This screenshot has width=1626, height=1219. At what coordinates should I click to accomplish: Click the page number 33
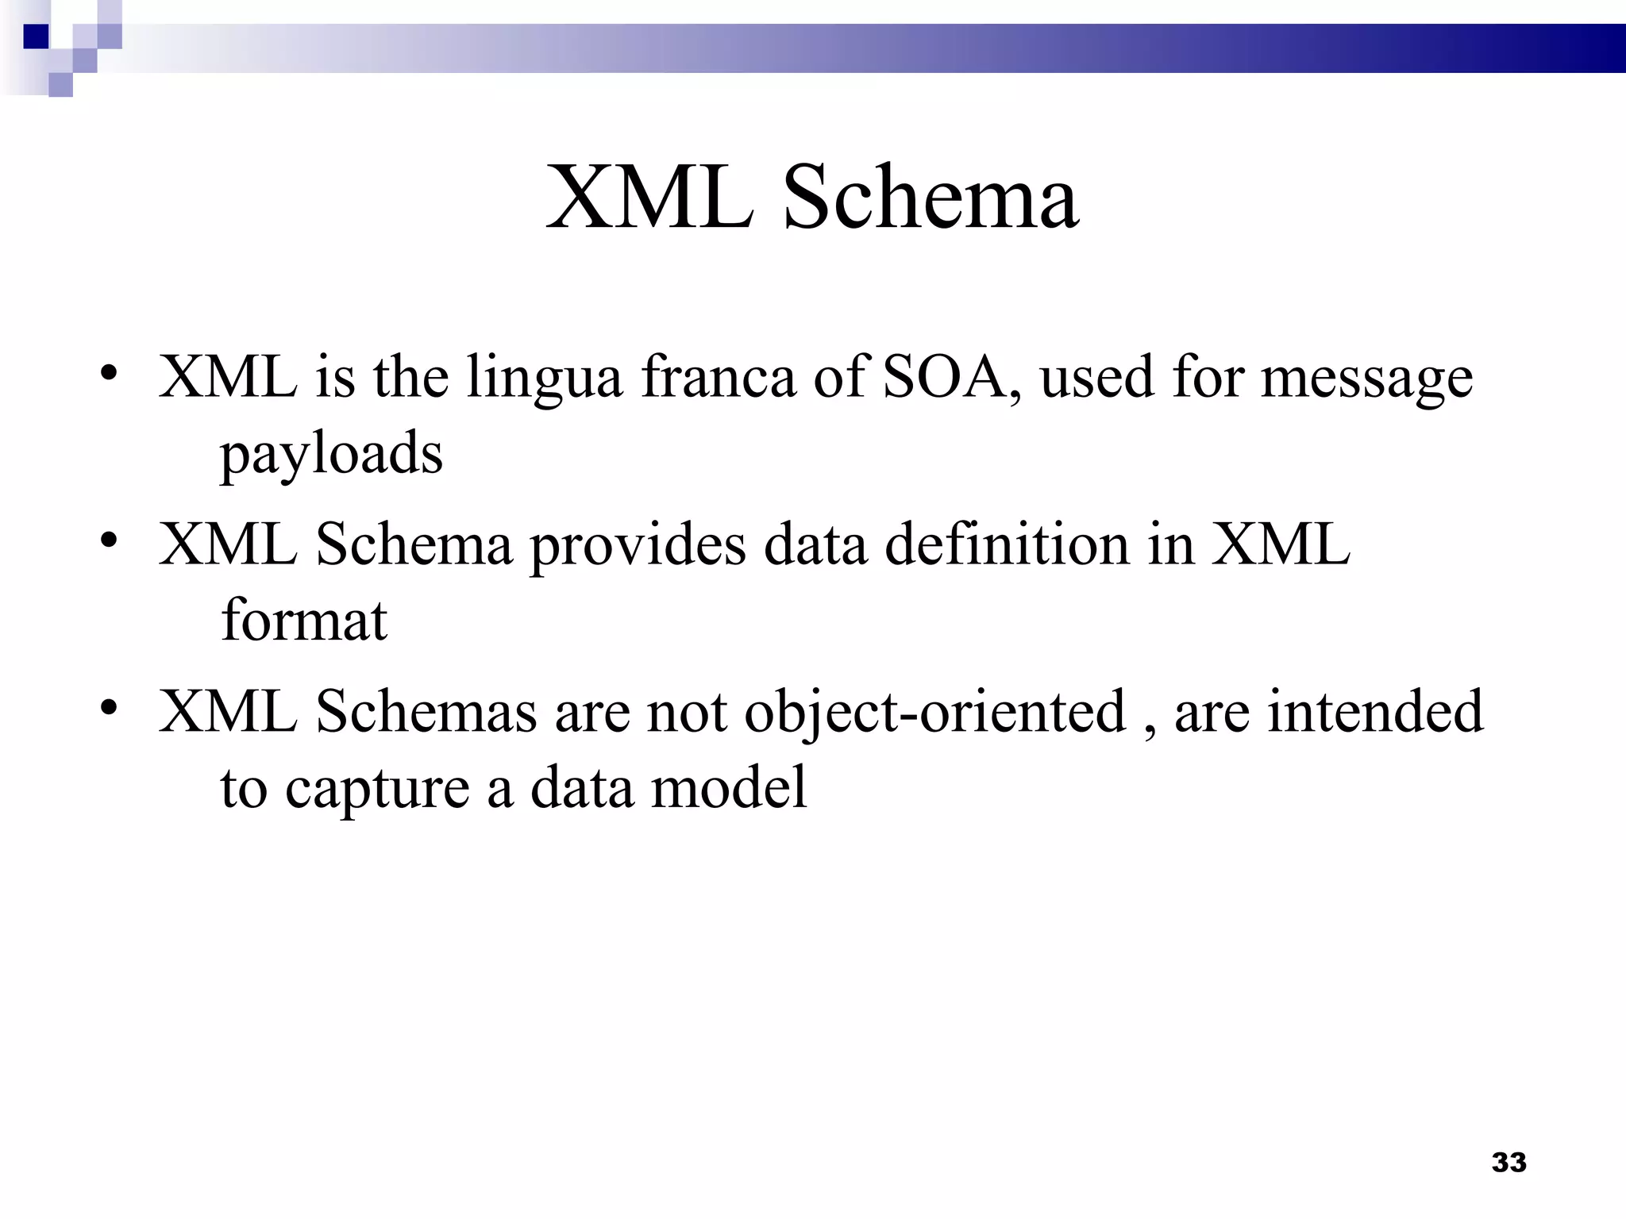(x=1508, y=1162)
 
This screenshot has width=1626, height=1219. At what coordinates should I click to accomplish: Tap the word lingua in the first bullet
(x=544, y=378)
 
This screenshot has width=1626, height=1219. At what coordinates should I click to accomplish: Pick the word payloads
(x=331, y=455)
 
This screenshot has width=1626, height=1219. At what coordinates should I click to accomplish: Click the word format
(x=304, y=620)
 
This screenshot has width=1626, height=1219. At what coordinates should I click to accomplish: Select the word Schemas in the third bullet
(x=426, y=711)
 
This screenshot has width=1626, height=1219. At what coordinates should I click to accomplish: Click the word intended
(x=1374, y=711)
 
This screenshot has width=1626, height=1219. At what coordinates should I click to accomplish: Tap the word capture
(x=377, y=790)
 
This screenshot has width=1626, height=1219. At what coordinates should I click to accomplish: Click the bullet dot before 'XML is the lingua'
(x=110, y=373)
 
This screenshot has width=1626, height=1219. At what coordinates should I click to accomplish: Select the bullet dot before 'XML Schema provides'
(x=110, y=541)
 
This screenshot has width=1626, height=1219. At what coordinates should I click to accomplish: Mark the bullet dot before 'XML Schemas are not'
(x=110, y=708)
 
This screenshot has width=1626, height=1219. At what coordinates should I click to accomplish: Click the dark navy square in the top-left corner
(x=37, y=37)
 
